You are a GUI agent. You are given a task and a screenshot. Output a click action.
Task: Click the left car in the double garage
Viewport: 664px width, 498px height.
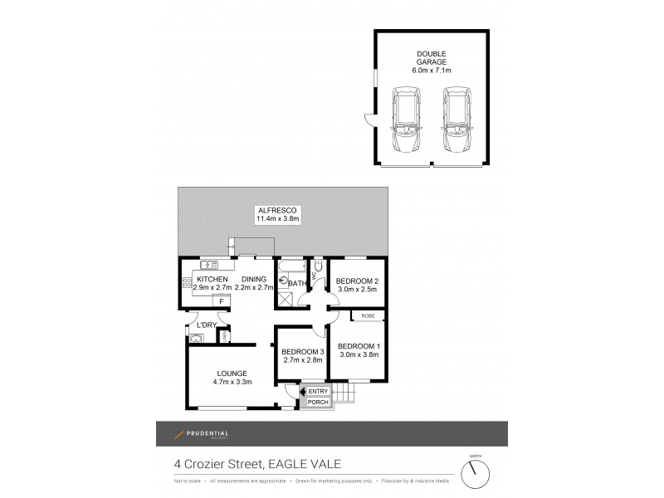tap(406, 122)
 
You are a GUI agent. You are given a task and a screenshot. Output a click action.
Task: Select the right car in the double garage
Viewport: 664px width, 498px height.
tap(456, 122)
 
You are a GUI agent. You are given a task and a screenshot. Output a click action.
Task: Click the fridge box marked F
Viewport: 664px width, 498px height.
tap(221, 300)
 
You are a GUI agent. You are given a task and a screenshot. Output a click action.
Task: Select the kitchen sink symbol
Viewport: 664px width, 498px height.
tap(208, 266)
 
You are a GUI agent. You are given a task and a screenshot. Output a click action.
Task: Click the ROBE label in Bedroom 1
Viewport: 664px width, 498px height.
tap(366, 315)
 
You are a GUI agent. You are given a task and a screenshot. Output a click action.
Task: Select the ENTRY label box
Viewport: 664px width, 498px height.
tap(318, 392)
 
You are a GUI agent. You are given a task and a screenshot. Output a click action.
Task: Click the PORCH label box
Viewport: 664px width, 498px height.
tap(319, 403)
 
